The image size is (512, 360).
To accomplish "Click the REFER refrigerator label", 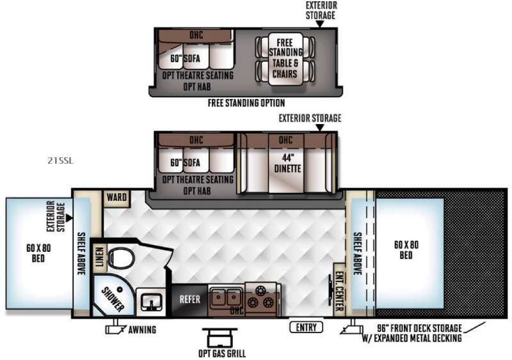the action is tap(189, 299).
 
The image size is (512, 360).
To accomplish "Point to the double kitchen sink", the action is tap(227, 298).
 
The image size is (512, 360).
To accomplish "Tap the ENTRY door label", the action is tap(307, 327).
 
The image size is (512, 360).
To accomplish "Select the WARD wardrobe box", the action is tap(116, 198).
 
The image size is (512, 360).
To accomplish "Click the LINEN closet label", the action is tap(99, 257).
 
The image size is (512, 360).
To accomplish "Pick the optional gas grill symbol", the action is tap(220, 338).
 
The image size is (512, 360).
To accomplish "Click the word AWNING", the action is tap(142, 330).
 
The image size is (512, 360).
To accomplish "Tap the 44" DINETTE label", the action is tap(287, 163).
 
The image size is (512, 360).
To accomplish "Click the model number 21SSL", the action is tap(61, 160).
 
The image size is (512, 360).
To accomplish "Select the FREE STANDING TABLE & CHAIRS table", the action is tap(285, 59).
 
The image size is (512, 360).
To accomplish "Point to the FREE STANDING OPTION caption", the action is tap(246, 103).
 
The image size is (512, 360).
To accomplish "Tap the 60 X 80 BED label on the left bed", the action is tap(38, 253).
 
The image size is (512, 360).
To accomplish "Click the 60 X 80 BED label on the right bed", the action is tap(406, 249).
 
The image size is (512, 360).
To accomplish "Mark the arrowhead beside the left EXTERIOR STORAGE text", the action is tap(69, 217).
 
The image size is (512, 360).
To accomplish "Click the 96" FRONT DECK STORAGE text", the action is tap(420, 328).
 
